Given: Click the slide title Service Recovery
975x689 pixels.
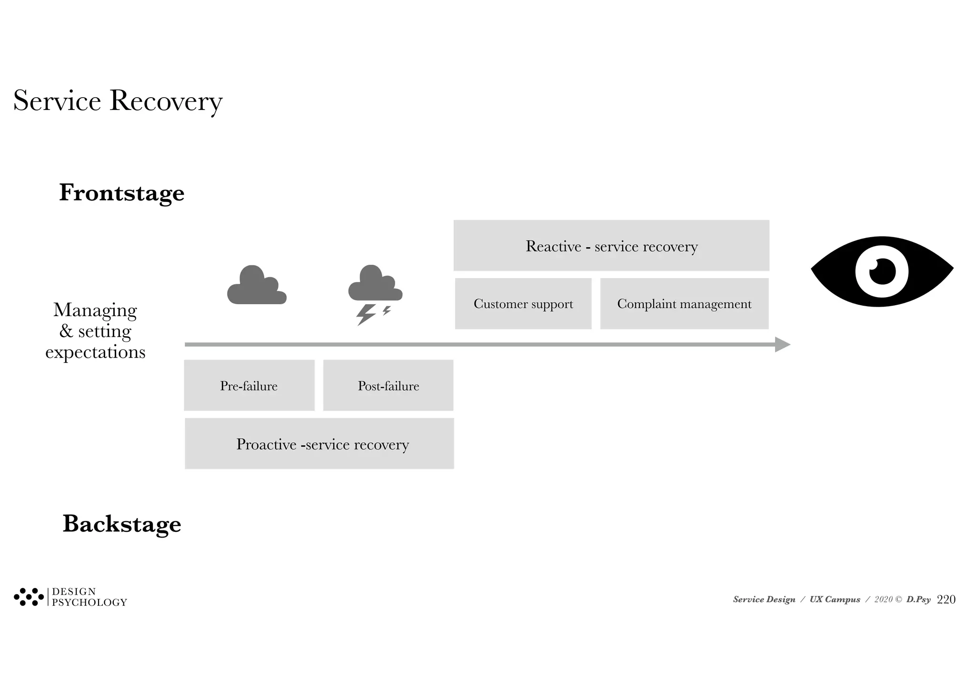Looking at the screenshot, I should (x=118, y=101).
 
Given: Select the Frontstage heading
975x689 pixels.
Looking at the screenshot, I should (x=121, y=193).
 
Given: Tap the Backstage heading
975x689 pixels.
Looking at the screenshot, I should (x=122, y=524).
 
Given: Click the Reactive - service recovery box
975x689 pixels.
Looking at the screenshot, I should (x=611, y=246).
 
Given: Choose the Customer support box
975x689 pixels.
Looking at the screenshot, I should (x=523, y=304).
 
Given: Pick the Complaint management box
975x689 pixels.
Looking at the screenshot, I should (x=684, y=304).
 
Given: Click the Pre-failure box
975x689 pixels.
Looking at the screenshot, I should (x=249, y=386).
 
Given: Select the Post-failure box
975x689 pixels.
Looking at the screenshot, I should (x=388, y=386).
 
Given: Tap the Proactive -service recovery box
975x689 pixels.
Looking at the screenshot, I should (x=319, y=444).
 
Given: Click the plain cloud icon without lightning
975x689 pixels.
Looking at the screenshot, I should (x=257, y=286).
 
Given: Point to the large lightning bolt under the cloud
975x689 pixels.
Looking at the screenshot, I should (x=366, y=315).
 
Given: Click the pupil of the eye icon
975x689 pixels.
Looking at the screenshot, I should (x=882, y=271).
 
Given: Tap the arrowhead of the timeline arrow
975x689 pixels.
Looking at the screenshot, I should (x=782, y=344).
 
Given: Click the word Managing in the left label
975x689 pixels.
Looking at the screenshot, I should (x=95, y=310).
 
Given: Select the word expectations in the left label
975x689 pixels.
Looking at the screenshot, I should (x=95, y=352).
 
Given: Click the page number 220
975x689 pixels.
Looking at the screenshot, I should (x=946, y=599).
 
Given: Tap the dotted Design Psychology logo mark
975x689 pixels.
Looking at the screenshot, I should (x=29, y=597).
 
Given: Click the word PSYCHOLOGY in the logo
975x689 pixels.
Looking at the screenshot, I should (x=90, y=602).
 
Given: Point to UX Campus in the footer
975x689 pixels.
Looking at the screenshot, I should (x=835, y=599).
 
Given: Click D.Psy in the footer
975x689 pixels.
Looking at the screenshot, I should (x=918, y=599).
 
